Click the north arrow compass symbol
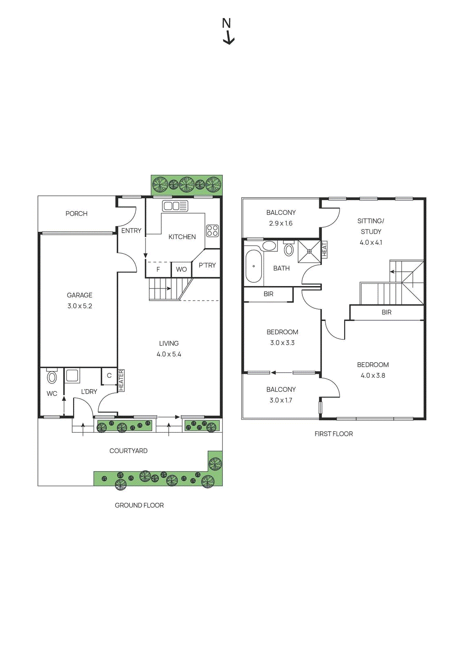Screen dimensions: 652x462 pyautogui.click(x=227, y=31)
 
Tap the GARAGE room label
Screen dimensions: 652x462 pyautogui.click(x=80, y=295)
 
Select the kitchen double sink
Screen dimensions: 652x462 pyautogui.click(x=175, y=206)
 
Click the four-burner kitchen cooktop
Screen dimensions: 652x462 pyautogui.click(x=212, y=231)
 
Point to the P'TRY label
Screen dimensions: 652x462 pyautogui.click(x=207, y=265)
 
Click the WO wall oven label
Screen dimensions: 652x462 pyautogui.click(x=181, y=269)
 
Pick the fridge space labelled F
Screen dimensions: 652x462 pyautogui.click(x=158, y=269)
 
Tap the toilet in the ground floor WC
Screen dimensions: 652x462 pyautogui.click(x=52, y=377)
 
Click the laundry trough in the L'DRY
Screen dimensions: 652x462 pyautogui.click(x=72, y=375)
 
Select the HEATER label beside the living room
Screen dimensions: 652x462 pyautogui.click(x=121, y=380)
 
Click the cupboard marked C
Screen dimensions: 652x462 pyautogui.click(x=109, y=376)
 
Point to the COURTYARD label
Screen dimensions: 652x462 pyautogui.click(x=128, y=451)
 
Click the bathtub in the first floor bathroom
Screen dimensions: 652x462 pyautogui.click(x=253, y=266)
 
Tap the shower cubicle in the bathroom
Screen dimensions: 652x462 pyautogui.click(x=309, y=252)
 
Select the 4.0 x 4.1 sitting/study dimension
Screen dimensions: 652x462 pyautogui.click(x=371, y=242)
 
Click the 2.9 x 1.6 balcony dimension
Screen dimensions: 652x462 pyautogui.click(x=281, y=223)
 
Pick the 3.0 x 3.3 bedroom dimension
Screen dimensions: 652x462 pyautogui.click(x=282, y=343)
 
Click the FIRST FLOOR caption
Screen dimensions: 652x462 pyautogui.click(x=333, y=434)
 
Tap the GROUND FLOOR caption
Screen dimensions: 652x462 pyautogui.click(x=139, y=505)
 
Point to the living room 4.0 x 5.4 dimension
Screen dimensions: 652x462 pyautogui.click(x=169, y=354)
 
